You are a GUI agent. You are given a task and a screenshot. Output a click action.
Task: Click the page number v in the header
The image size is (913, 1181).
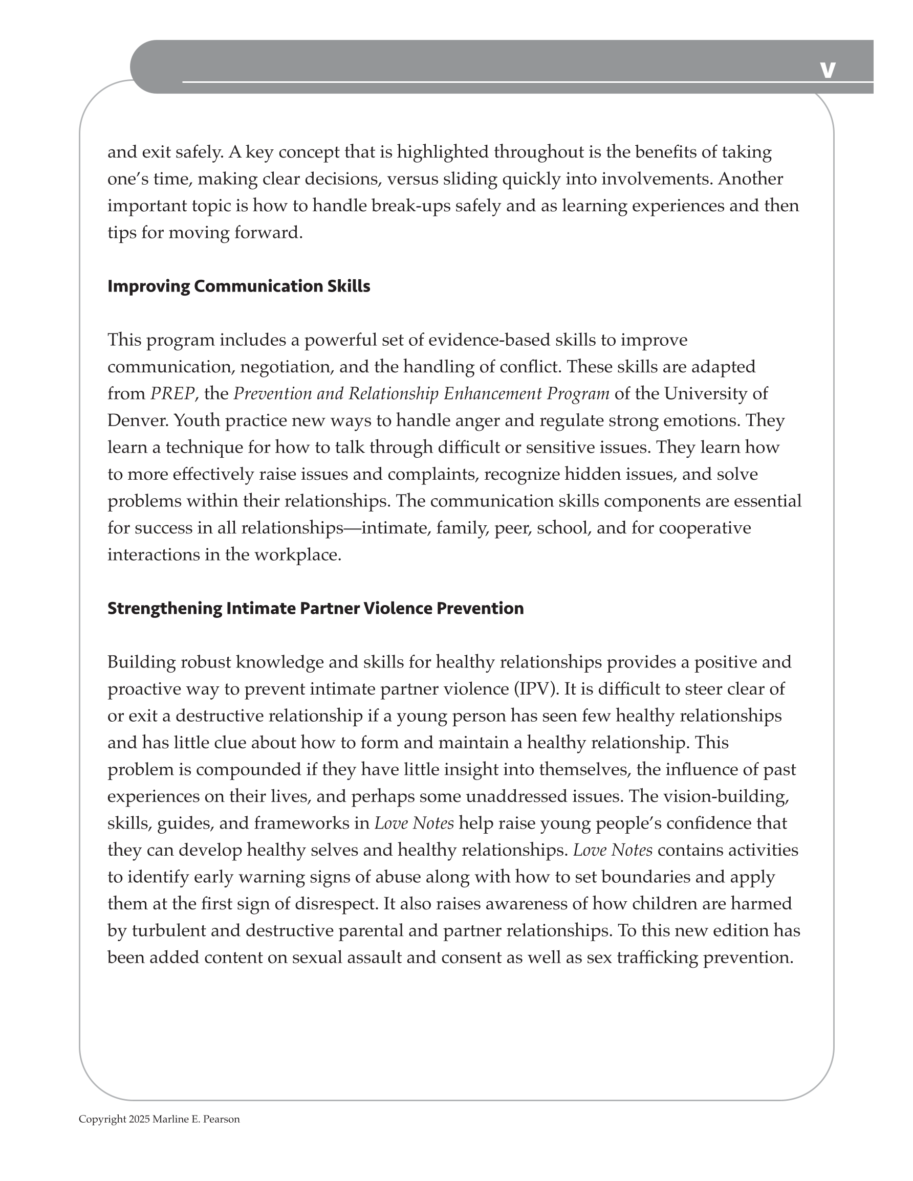(828, 70)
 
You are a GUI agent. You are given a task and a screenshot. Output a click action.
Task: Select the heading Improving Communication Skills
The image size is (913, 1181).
(238, 286)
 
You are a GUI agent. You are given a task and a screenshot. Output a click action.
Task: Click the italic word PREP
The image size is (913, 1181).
(172, 394)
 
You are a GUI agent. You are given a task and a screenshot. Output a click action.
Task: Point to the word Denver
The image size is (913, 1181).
(137, 421)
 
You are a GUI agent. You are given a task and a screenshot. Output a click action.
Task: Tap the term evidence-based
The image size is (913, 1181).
(489, 340)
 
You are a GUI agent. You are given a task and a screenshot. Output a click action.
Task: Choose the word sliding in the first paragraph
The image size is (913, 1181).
(470, 179)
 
